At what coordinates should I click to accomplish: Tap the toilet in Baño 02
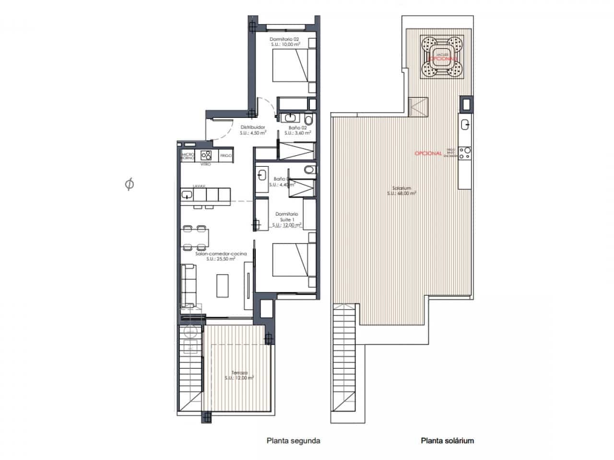(x=308, y=118)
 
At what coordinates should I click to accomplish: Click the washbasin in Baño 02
(x=290, y=117)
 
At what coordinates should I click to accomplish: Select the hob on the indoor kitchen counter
(x=207, y=155)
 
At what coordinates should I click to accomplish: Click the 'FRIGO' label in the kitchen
(x=225, y=156)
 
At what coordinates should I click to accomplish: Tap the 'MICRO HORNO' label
(x=188, y=156)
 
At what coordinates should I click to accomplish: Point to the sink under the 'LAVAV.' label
(x=187, y=195)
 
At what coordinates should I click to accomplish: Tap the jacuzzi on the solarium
(x=443, y=57)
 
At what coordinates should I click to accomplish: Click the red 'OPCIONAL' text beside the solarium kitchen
(x=428, y=153)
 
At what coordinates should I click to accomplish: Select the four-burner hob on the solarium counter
(x=464, y=153)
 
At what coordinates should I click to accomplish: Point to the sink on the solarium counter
(x=465, y=125)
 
